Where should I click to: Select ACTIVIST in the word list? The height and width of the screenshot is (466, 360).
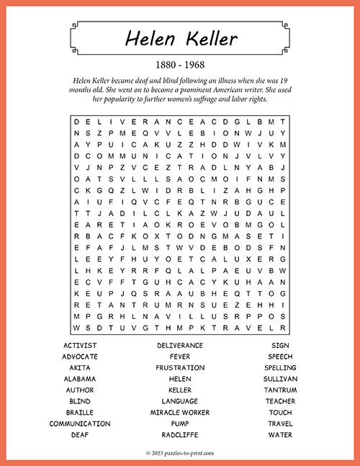pyautogui.click(x=80, y=346)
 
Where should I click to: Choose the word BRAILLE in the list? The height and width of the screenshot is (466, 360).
pyautogui.click(x=80, y=413)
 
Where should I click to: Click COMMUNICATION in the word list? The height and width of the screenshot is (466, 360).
pyautogui.click(x=80, y=424)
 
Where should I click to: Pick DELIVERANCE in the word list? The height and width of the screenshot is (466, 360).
pyautogui.click(x=180, y=346)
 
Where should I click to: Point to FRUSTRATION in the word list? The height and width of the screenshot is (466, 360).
pyautogui.click(x=180, y=368)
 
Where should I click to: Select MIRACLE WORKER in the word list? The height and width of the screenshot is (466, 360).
pyautogui.click(x=180, y=413)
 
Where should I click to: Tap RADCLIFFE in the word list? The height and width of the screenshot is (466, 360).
pyautogui.click(x=180, y=435)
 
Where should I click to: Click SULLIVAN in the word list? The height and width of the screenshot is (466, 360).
pyautogui.click(x=280, y=379)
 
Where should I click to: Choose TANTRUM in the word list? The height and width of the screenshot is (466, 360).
pyautogui.click(x=280, y=390)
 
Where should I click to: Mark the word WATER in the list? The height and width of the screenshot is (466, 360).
pyautogui.click(x=280, y=435)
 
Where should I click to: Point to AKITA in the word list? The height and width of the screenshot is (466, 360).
pyautogui.click(x=80, y=368)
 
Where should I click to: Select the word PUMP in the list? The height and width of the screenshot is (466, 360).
pyautogui.click(x=180, y=424)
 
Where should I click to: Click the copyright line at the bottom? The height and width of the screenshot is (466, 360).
pyautogui.click(x=180, y=453)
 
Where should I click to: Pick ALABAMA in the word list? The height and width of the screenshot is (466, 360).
pyautogui.click(x=80, y=379)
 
